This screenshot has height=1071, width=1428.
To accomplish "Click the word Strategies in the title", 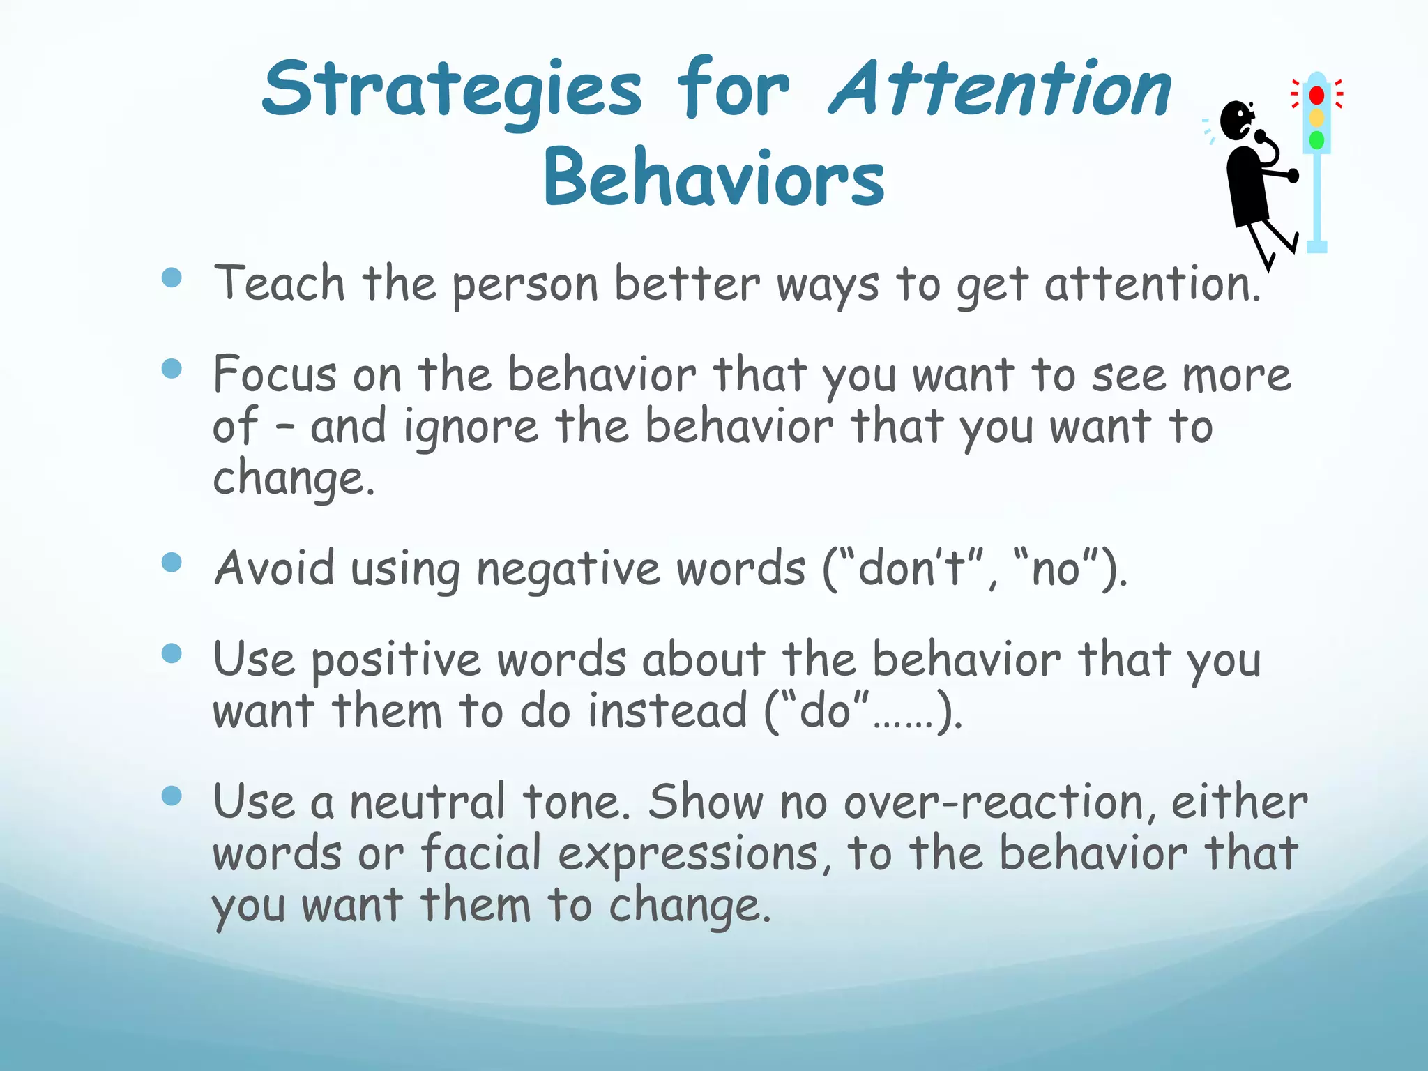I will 452,91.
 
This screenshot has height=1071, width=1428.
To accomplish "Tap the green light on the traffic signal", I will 1316,140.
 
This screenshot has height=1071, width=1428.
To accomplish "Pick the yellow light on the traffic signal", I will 1316,118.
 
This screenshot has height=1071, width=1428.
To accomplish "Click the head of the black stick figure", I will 1237,120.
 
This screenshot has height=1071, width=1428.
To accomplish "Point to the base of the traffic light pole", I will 1316,245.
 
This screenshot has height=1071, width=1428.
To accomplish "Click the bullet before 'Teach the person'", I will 172,278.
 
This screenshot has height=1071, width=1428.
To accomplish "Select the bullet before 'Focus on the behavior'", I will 172,368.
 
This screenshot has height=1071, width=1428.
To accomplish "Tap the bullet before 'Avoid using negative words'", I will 172,562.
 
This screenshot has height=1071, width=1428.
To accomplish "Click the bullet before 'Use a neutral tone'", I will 172,796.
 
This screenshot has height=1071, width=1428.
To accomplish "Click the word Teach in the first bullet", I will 280,284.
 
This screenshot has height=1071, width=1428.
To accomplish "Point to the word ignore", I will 471,427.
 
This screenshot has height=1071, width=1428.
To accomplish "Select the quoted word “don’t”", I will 910,568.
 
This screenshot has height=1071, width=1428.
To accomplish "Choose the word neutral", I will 427,803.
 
